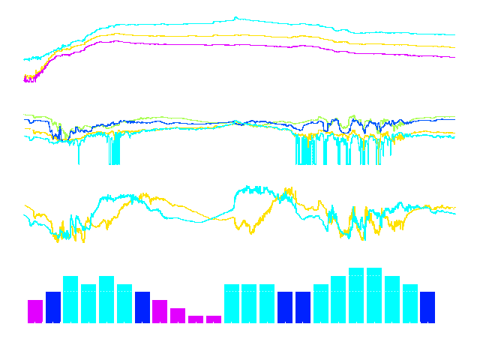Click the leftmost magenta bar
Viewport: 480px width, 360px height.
pos(35,311)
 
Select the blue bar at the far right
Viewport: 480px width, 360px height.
pos(427,307)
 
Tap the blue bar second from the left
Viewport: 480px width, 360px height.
pos(53,307)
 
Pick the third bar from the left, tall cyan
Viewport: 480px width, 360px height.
pos(70,300)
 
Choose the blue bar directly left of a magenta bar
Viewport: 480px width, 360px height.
pos(142,307)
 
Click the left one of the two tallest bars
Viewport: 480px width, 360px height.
pos(356,295)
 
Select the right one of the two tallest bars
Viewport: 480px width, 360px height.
pos(374,295)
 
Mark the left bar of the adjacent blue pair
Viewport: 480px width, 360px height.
pos(285,307)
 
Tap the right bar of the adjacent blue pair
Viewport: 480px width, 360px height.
pos(303,307)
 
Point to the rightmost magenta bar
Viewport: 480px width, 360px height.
pos(214,319)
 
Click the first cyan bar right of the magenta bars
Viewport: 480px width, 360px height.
pos(232,304)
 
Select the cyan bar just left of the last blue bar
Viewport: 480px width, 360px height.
pos(410,304)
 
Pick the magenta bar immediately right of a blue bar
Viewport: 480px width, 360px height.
pos(160,311)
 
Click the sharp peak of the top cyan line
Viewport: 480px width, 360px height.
pos(235,17)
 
